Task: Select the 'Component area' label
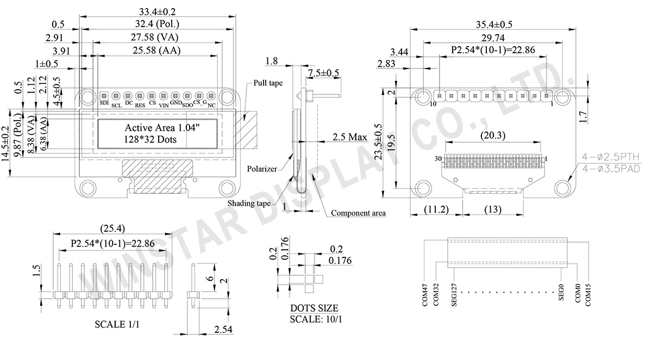[x=358, y=213]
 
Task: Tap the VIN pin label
[x=164, y=105]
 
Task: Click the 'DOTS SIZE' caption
[x=314, y=308]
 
